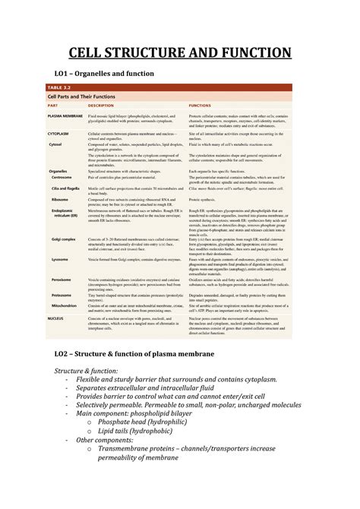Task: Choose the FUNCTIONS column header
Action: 201,105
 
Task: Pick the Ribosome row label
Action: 60,198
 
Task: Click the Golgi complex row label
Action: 64,238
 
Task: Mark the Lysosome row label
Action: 61,259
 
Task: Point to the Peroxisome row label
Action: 62,279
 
